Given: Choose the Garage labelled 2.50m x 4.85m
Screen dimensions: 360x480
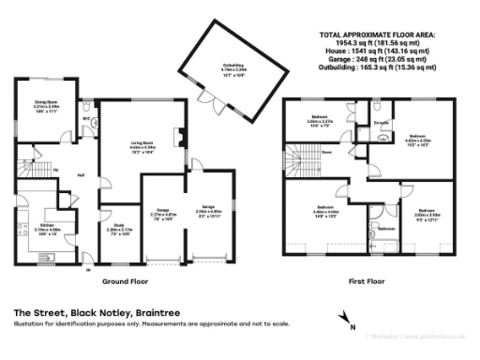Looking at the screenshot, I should [x=207, y=211].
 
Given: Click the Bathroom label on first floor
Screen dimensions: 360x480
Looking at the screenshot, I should [x=383, y=228].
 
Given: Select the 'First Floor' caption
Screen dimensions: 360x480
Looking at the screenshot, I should [x=368, y=280].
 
